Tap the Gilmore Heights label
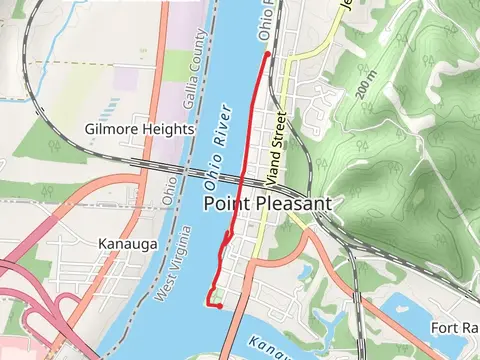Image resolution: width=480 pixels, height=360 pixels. point(139,130)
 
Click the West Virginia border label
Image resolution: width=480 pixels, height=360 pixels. point(174,266)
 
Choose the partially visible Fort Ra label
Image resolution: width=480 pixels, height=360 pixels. point(454,328)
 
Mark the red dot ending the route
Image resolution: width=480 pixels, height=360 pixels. point(219,306)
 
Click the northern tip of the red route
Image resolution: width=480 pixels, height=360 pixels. point(268,53)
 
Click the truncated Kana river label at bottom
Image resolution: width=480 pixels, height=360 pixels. point(265,346)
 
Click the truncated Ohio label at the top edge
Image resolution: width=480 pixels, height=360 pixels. point(266,20)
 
